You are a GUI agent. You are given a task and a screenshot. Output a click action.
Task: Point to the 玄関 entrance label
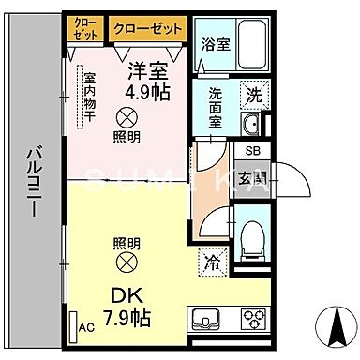254,177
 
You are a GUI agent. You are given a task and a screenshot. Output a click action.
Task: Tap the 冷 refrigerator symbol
213,263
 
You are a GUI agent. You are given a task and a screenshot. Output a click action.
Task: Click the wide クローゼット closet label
147,28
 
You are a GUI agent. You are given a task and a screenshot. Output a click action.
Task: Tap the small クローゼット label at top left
84,27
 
